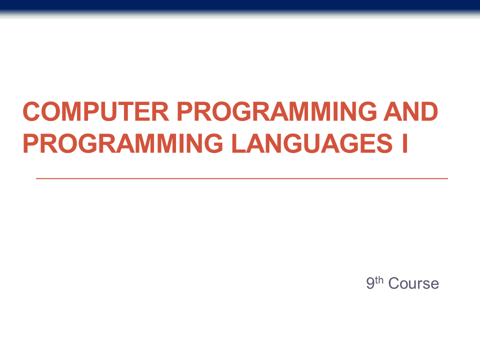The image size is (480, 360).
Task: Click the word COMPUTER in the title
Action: (x=96, y=111)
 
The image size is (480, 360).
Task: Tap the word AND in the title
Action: (x=410, y=111)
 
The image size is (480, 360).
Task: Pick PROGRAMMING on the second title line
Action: (x=123, y=143)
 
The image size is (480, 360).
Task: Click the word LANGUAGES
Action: (x=312, y=143)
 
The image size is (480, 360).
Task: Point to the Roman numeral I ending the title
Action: (x=404, y=143)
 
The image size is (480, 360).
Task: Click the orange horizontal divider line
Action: (x=242, y=178)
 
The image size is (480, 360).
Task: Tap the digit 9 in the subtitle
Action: (x=370, y=283)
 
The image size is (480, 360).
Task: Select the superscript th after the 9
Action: (x=379, y=280)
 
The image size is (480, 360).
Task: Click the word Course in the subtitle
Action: (x=413, y=283)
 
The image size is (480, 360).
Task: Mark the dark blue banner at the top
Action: (x=240, y=6)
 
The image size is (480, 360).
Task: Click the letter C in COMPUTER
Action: (x=31, y=111)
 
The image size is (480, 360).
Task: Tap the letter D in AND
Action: (x=429, y=111)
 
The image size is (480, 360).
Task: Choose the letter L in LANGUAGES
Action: (x=239, y=143)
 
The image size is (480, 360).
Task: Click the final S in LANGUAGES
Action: (x=384, y=143)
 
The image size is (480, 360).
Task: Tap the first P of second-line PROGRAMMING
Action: (x=31, y=143)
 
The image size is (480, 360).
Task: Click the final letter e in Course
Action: (x=434, y=285)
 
